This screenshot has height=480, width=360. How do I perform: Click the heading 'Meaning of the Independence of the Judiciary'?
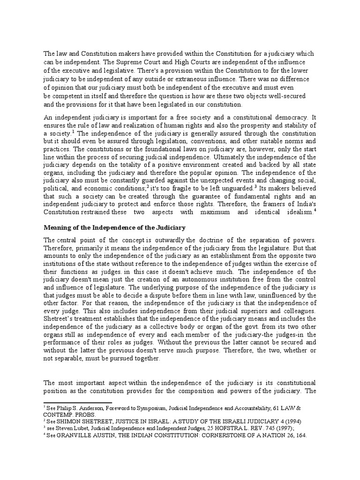[115, 227]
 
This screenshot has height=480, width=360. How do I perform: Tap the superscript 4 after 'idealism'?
[315, 210]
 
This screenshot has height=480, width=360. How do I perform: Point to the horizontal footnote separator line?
[78, 402]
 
